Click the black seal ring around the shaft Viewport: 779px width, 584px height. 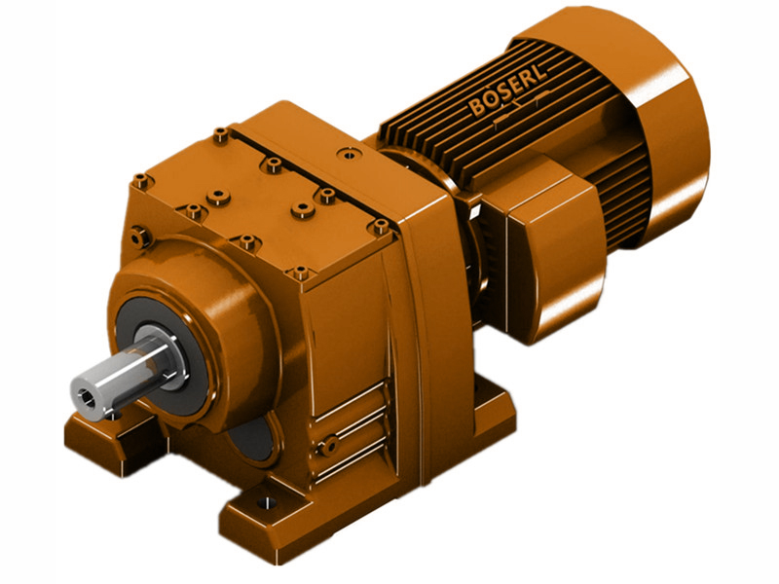(146, 336)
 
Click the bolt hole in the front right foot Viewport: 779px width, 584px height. (262, 505)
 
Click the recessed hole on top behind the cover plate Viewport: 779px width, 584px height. (346, 153)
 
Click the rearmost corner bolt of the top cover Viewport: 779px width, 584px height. (221, 133)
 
